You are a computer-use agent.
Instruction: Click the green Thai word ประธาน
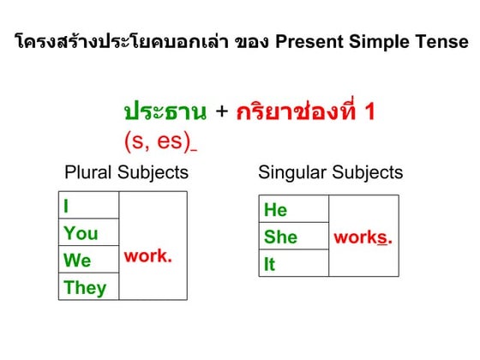click(x=165, y=112)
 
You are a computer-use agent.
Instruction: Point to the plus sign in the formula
click(x=222, y=112)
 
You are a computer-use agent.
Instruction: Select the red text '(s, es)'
click(x=157, y=140)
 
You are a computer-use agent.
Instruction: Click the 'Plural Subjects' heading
click(x=126, y=172)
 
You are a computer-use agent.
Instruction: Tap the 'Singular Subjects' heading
click(x=330, y=172)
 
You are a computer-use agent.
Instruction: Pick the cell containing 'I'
click(x=89, y=206)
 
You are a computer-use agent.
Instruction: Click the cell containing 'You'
click(x=89, y=233)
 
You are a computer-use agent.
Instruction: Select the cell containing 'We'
click(x=89, y=261)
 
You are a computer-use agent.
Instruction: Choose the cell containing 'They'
click(x=89, y=287)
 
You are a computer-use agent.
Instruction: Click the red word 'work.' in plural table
click(x=148, y=255)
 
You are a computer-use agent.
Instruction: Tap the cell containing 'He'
click(x=293, y=210)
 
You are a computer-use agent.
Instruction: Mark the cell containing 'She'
click(x=293, y=237)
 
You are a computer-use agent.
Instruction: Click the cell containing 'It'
click(x=293, y=265)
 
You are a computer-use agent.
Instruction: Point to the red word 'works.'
click(x=362, y=237)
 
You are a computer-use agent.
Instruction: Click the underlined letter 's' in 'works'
click(x=382, y=237)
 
